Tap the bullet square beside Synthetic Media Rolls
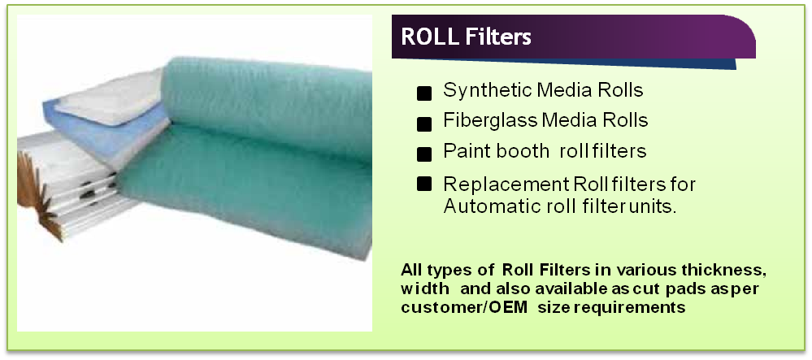[x=424, y=93]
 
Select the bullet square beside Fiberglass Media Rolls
[x=424, y=124]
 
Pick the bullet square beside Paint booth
[x=424, y=154]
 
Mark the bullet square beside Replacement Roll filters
[x=424, y=184]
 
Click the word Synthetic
[x=488, y=91]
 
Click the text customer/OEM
[x=464, y=307]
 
